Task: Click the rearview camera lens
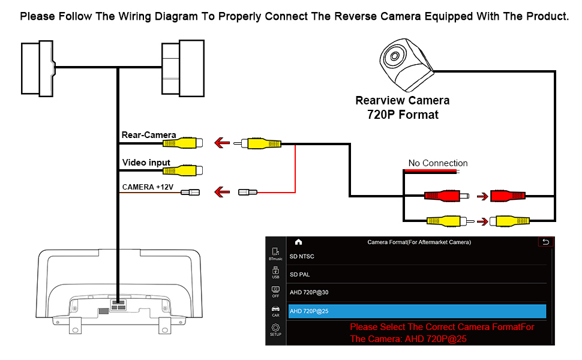394,58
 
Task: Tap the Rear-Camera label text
149,135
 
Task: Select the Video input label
146,163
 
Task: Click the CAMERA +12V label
148,187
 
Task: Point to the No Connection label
438,163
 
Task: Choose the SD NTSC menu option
302,257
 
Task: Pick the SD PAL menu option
299,275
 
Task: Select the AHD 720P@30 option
309,293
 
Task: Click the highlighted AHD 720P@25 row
417,311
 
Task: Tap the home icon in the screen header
298,242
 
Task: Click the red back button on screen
545,242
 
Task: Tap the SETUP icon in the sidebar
275,329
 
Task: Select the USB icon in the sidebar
275,272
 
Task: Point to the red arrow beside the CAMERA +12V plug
222,193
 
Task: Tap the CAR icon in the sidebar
275,310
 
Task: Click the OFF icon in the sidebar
275,291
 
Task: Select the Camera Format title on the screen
419,242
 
